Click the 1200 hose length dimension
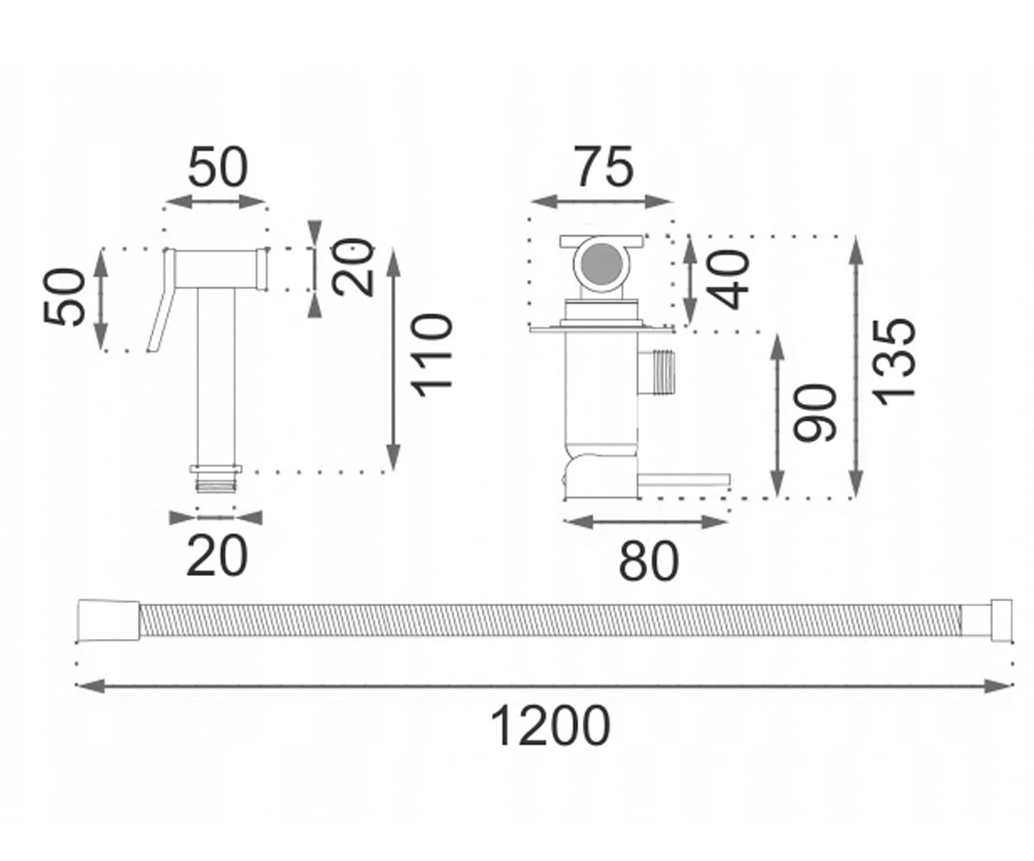click(x=550, y=726)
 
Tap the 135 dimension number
click(x=893, y=363)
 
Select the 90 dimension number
click(x=814, y=412)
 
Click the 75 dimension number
click(x=604, y=166)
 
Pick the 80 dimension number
click(x=649, y=561)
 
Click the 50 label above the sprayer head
click(x=218, y=166)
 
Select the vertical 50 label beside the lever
click(x=65, y=296)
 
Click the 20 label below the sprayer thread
click(x=217, y=555)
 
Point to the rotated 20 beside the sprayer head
click(x=353, y=267)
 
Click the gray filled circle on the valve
click(x=601, y=263)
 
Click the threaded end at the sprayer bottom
click(x=215, y=479)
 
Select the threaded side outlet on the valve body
click(x=657, y=373)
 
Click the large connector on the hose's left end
click(x=109, y=620)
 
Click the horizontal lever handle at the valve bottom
click(x=684, y=480)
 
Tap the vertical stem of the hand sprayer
click(x=215, y=376)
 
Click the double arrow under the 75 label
click(x=601, y=201)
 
